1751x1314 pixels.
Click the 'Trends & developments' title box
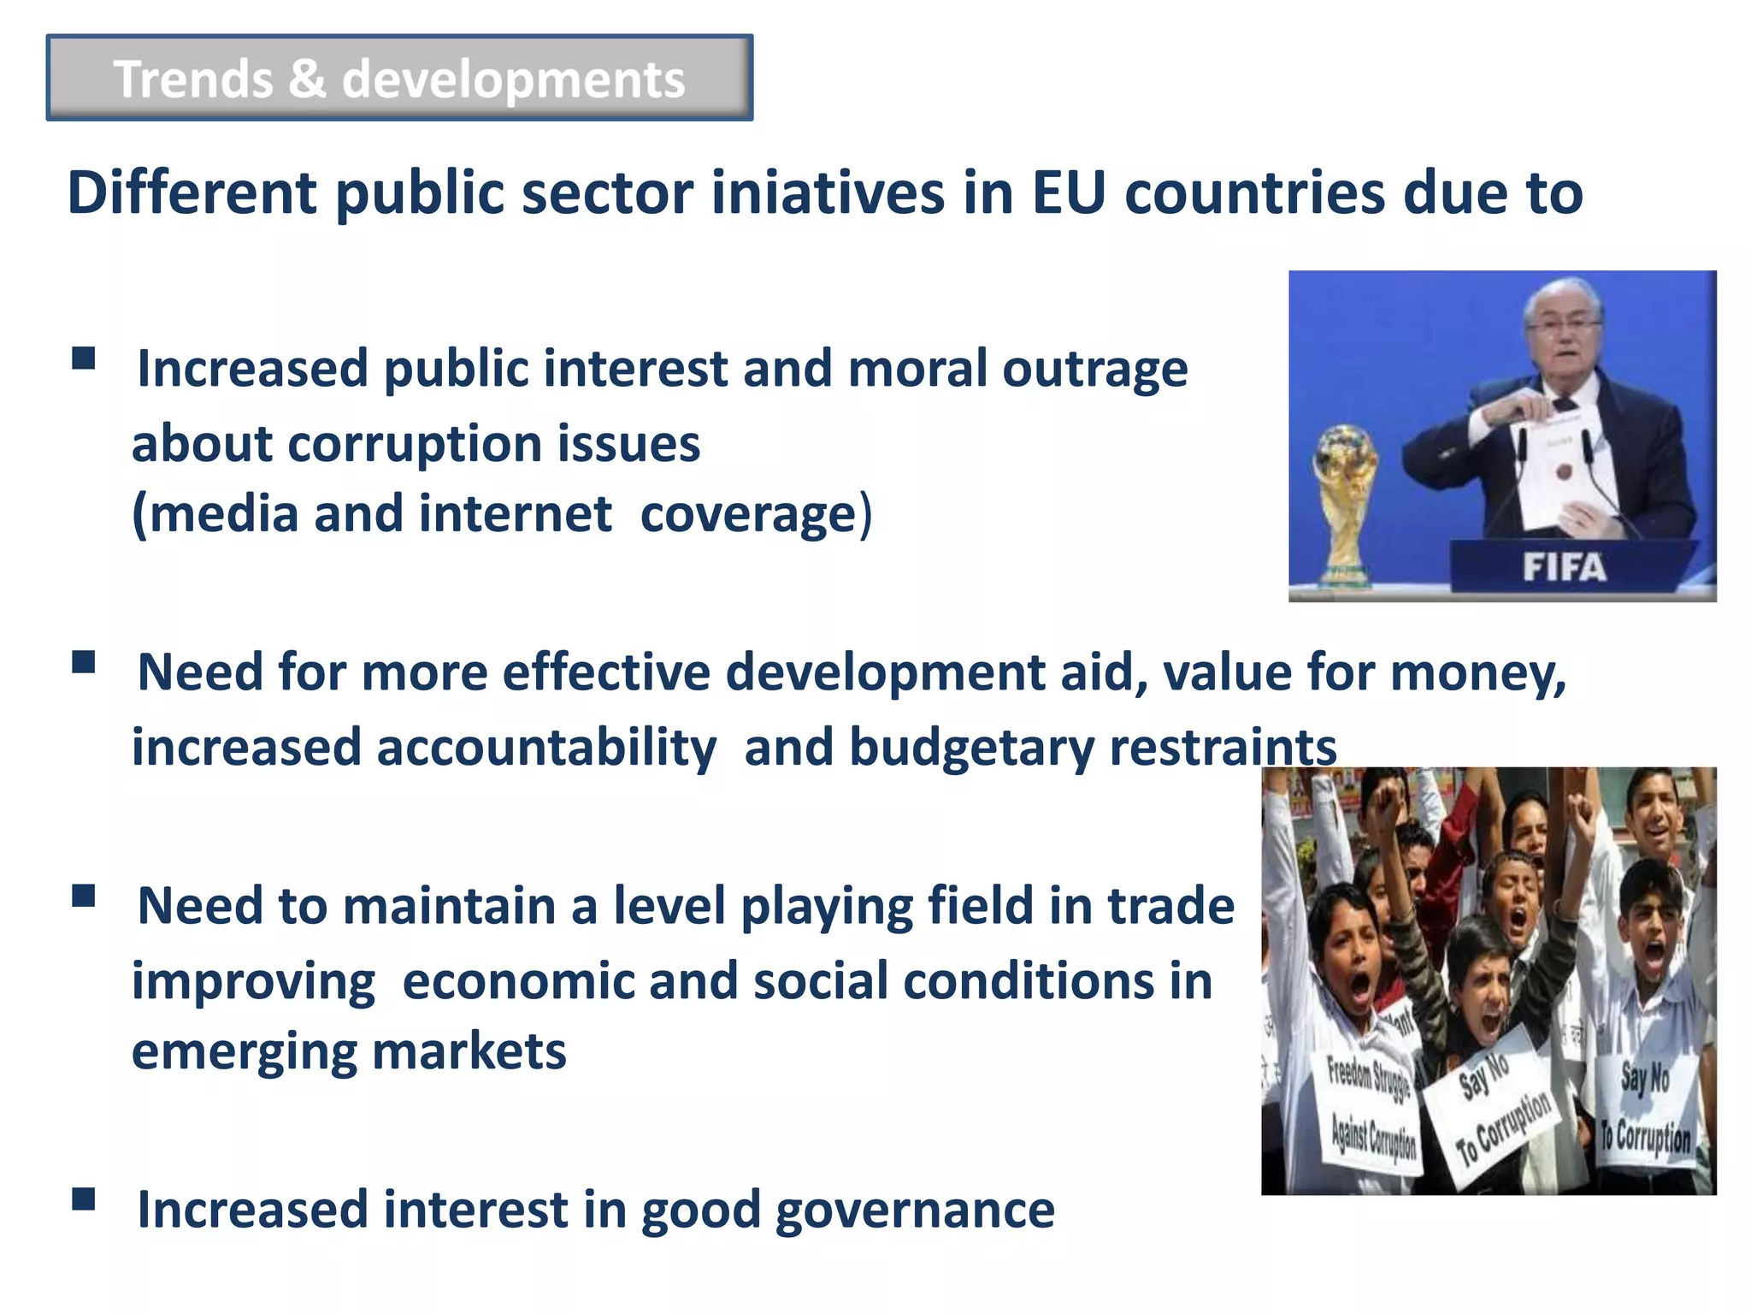pos(399,78)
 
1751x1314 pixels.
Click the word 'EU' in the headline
pos(1068,193)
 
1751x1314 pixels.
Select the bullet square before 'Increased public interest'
pos(84,358)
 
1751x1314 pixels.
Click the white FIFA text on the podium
pos(1564,567)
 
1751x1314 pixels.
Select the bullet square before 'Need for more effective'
pos(84,663)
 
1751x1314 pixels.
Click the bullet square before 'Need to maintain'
pos(84,896)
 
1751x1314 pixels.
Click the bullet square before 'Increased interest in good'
pos(84,1199)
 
